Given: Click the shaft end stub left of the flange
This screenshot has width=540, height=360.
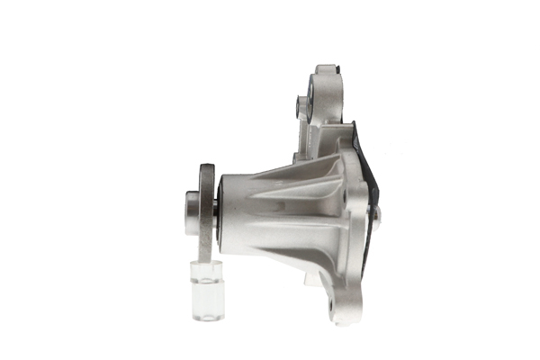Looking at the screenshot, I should (x=191, y=212).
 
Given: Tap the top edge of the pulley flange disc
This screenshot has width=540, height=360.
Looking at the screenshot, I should (x=206, y=166).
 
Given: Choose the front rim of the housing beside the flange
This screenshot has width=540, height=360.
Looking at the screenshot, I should (x=222, y=210).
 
